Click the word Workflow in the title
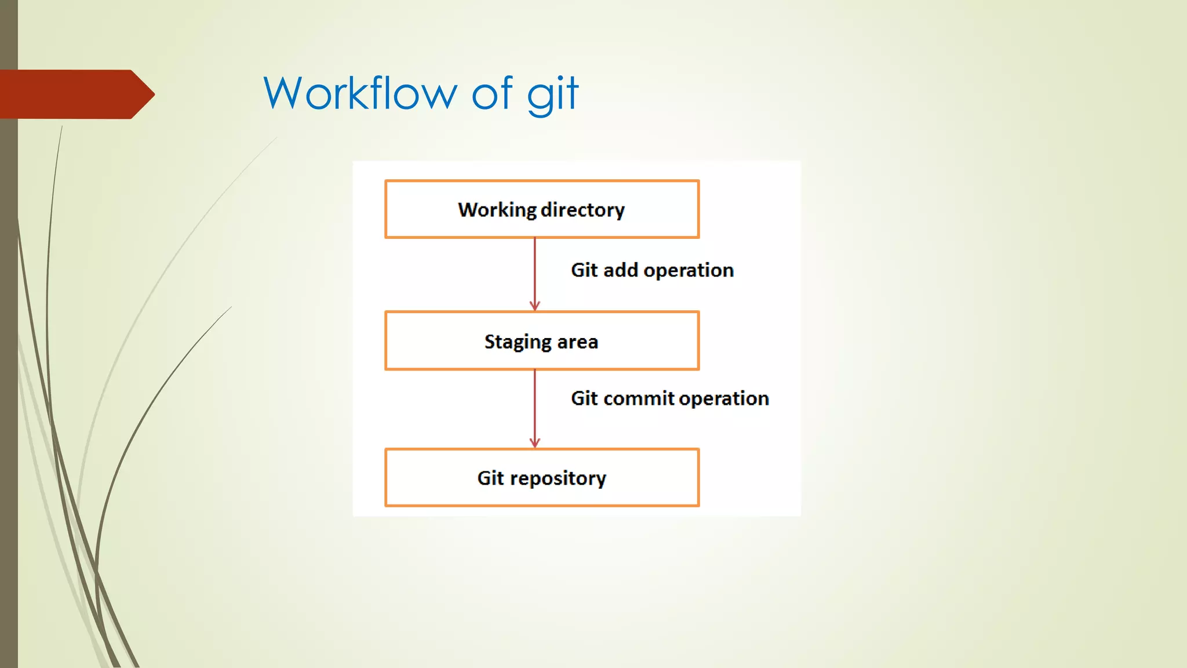point(360,93)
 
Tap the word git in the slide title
point(552,95)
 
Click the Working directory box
point(542,209)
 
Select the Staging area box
point(542,341)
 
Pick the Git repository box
point(542,477)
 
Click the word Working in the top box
point(497,210)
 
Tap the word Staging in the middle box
point(518,342)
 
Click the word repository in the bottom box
point(558,478)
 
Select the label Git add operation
point(652,270)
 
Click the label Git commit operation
point(669,398)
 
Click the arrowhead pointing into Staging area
point(535,306)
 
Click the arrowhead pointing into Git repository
point(535,442)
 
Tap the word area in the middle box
point(577,342)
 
